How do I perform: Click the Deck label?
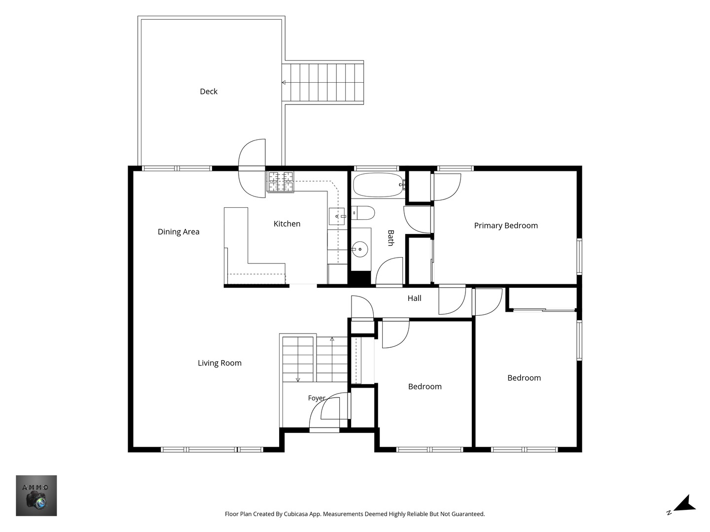pyautogui.click(x=209, y=92)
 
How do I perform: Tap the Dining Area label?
pyautogui.click(x=178, y=232)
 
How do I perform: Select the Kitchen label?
pyautogui.click(x=287, y=224)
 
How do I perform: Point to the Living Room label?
pyautogui.click(x=219, y=363)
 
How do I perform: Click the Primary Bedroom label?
pyautogui.click(x=506, y=226)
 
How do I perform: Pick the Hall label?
pyautogui.click(x=414, y=298)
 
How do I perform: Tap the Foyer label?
pyautogui.click(x=317, y=398)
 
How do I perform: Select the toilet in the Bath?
pyautogui.click(x=363, y=213)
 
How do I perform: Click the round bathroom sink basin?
pyautogui.click(x=360, y=249)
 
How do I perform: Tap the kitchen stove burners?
pyautogui.click(x=281, y=182)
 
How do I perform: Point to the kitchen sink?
pyautogui.click(x=337, y=216)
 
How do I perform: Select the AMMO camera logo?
pyautogui.click(x=36, y=496)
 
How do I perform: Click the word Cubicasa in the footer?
pyautogui.click(x=296, y=514)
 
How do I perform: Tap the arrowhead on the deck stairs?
pyautogui.click(x=284, y=83)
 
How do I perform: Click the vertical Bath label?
pyautogui.click(x=390, y=238)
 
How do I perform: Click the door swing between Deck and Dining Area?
pyautogui.click(x=252, y=168)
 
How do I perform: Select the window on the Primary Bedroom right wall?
pyautogui.click(x=579, y=257)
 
